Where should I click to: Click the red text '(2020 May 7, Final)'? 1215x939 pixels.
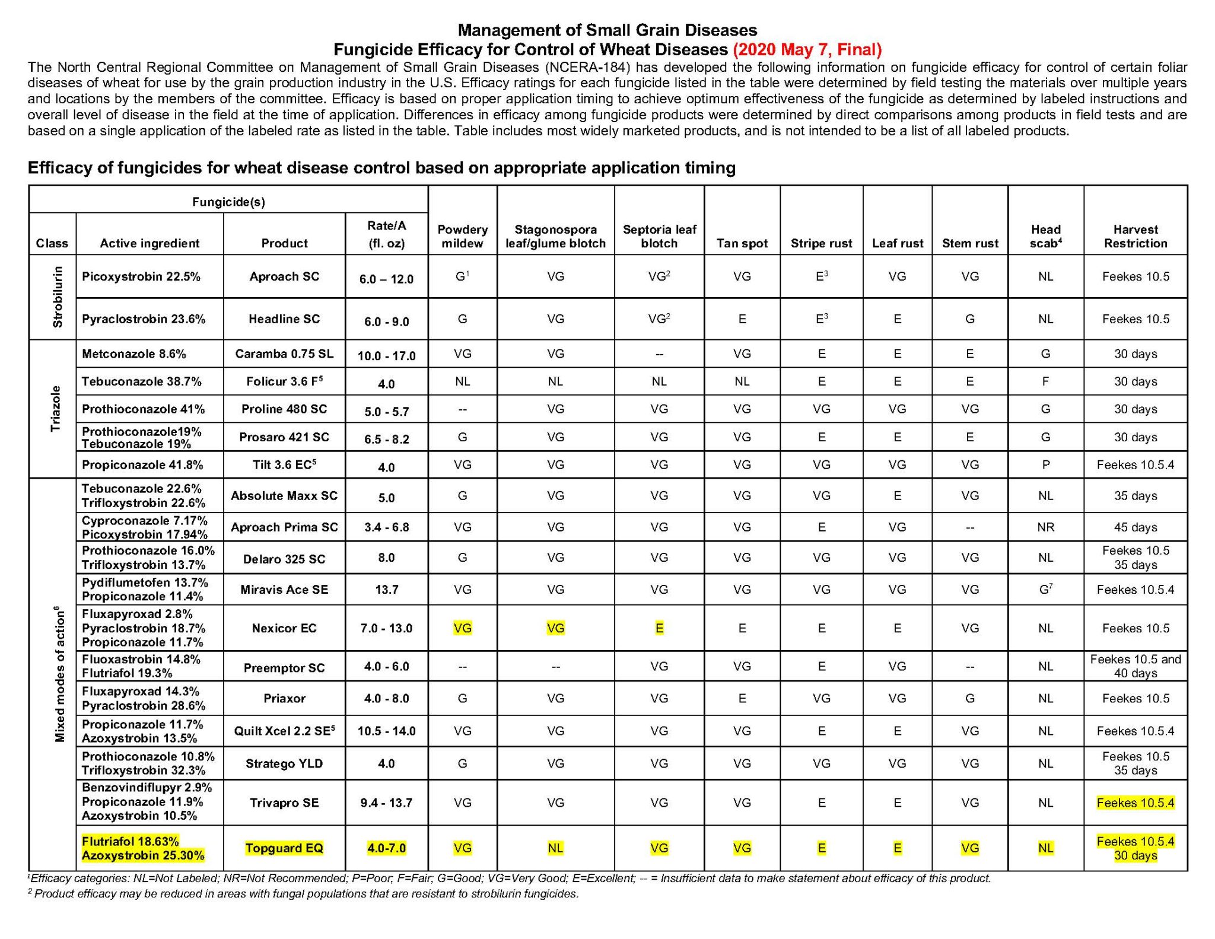[807, 49]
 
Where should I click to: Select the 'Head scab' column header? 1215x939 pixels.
[1045, 236]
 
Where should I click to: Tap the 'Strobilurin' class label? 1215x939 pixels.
[58, 297]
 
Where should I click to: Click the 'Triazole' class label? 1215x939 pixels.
[56, 408]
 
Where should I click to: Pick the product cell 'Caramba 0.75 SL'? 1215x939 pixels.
[284, 354]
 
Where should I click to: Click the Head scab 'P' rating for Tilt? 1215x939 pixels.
[1045, 465]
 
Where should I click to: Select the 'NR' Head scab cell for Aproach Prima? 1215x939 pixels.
[1045, 527]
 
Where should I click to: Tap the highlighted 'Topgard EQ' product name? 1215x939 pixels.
[284, 848]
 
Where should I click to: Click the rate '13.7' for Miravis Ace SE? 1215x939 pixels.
[386, 590]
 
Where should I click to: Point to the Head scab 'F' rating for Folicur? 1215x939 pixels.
[1045, 381]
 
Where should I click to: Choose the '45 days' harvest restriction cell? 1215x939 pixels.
[1135, 527]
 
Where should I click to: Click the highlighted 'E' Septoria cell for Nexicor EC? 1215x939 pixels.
[659, 628]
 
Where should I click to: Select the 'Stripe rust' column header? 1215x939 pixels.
[821, 243]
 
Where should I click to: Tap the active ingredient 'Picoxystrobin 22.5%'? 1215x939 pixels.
[141, 276]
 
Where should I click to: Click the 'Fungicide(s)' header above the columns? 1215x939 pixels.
[228, 202]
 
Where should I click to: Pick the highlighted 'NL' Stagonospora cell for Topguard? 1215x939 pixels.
[555, 848]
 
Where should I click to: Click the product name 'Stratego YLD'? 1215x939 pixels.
[284, 763]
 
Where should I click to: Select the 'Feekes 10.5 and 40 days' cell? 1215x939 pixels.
[1135, 666]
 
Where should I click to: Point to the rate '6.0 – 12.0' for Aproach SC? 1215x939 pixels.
[386, 279]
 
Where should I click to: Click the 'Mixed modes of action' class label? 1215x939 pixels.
[59, 674]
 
